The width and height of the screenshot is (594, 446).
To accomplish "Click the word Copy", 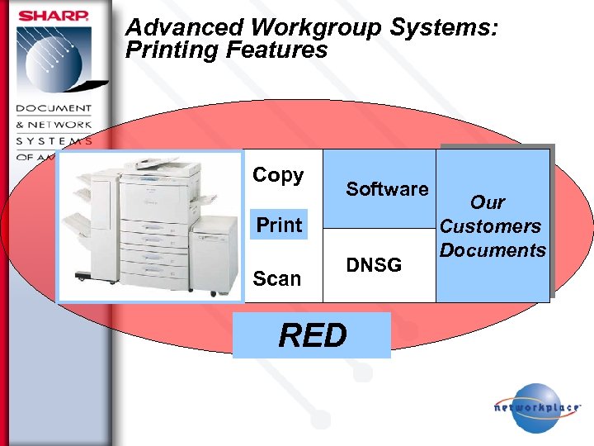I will tap(278, 175).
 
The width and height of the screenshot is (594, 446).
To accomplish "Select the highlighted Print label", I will tap(279, 225).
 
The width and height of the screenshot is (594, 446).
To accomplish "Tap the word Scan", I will tap(277, 278).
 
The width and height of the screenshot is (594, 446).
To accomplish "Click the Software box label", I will tap(387, 189).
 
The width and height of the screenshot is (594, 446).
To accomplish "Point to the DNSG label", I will tap(374, 265).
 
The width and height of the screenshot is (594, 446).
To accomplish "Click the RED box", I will tap(312, 335).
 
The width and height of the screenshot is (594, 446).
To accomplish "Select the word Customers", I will tap(491, 226).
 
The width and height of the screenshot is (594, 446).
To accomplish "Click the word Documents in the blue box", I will tap(493, 250).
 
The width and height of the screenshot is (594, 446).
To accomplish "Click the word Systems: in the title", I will tap(444, 28).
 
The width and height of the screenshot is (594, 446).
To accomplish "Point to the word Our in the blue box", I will tap(488, 202).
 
